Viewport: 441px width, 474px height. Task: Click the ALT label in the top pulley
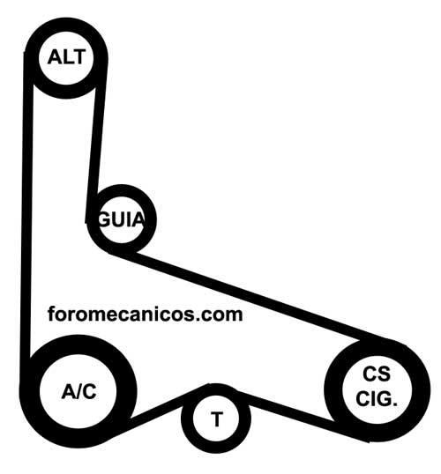[66, 57]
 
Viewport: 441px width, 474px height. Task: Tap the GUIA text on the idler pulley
[121, 219]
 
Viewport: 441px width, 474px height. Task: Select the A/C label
[78, 391]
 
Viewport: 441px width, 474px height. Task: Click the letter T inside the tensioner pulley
[216, 419]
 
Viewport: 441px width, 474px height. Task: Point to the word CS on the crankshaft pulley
[377, 374]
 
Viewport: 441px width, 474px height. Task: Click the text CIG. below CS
[377, 398]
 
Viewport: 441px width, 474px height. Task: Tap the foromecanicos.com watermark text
[145, 315]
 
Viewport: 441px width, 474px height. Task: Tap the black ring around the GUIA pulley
[121, 190]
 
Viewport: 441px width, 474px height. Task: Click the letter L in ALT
[66, 57]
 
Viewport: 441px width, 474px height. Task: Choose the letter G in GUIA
[104, 219]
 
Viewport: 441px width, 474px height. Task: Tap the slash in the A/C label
[78, 391]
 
